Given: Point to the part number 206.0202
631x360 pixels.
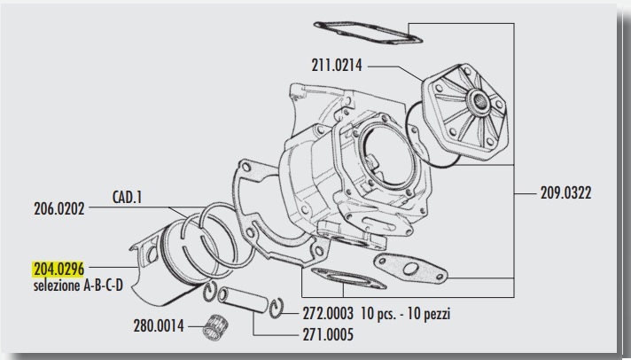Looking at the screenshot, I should pos(55,211).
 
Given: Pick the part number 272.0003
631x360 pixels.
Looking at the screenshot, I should pos(326,314).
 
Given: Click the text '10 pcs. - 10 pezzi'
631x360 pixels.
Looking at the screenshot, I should pos(413,314).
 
